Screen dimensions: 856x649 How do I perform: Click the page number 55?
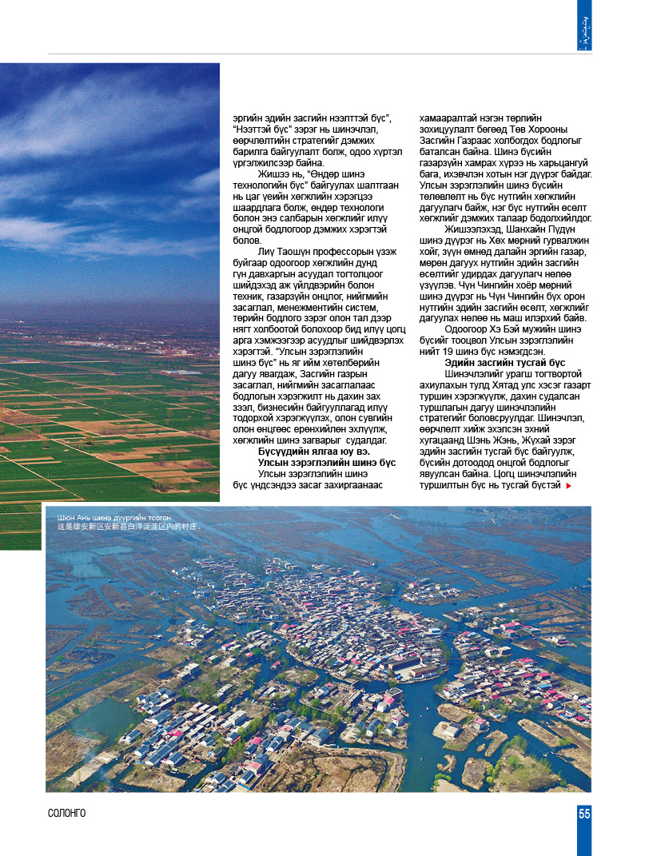[x=584, y=814]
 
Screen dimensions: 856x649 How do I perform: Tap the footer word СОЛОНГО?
[x=66, y=814]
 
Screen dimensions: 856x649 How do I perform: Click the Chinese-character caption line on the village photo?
[x=127, y=528]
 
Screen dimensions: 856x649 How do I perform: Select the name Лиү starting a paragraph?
[x=267, y=252]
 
